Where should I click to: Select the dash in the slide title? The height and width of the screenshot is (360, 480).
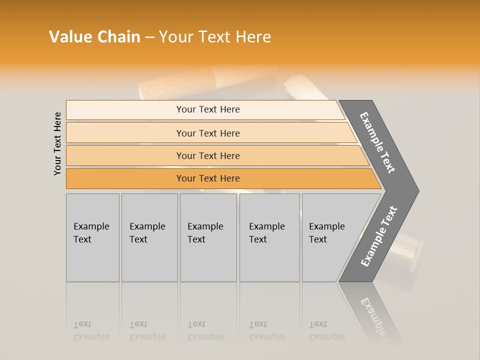[x=149, y=37]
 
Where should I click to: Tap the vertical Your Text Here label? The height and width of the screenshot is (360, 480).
[x=57, y=143]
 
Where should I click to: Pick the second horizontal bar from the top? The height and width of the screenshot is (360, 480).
[x=208, y=133]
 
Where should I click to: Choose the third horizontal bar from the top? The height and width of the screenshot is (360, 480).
[x=208, y=155]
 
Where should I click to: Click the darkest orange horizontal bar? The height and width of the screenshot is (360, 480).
[x=208, y=178]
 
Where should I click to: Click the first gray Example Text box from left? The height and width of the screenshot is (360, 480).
[x=92, y=237]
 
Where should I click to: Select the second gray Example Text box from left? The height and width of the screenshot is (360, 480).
[x=149, y=237]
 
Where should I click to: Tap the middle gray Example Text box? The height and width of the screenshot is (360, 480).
[x=208, y=237]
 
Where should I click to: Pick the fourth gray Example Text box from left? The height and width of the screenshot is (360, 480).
[x=269, y=237]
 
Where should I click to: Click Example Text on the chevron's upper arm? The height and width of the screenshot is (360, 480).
[x=377, y=142]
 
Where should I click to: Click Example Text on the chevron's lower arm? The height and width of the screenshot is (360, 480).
[x=379, y=236]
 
